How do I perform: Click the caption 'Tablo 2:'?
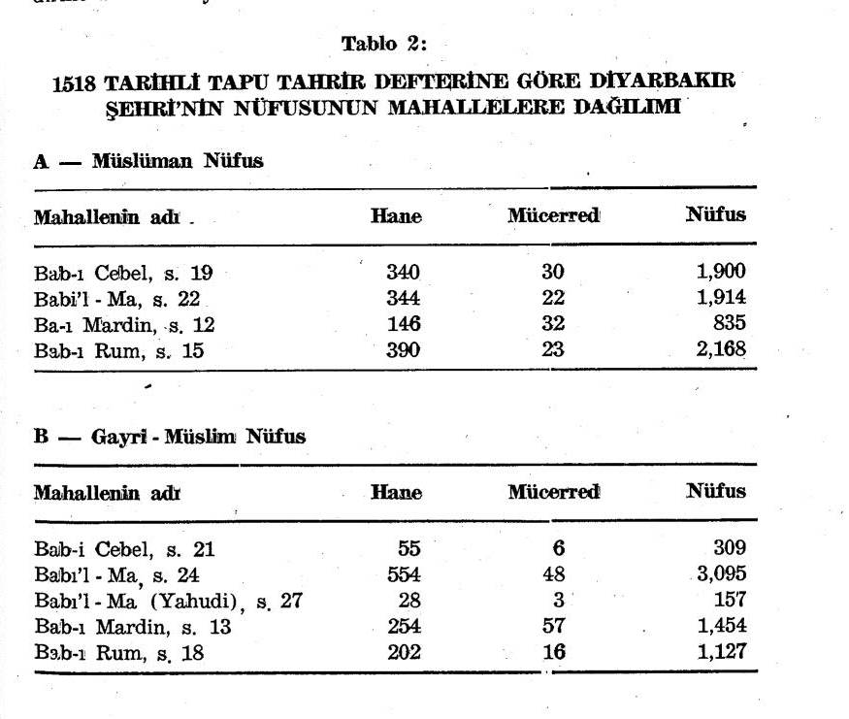pyautogui.click(x=384, y=44)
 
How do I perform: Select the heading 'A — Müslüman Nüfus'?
pyautogui.click(x=148, y=161)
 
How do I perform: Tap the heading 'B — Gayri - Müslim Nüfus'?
pyautogui.click(x=170, y=437)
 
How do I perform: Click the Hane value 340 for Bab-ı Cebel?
pyautogui.click(x=403, y=273)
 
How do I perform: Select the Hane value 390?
pyautogui.click(x=403, y=350)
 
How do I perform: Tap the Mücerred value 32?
pyautogui.click(x=552, y=325)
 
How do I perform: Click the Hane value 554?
pyautogui.click(x=403, y=574)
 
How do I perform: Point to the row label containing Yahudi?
pyautogui.click(x=169, y=601)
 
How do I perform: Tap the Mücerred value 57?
pyautogui.click(x=553, y=626)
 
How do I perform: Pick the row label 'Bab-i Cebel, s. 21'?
pyautogui.click(x=124, y=549)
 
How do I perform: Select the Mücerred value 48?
pyautogui.click(x=553, y=574)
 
